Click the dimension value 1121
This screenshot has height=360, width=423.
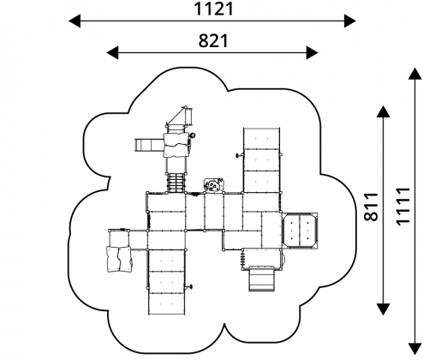click(x=214, y=9)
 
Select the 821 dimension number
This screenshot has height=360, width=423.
click(x=213, y=40)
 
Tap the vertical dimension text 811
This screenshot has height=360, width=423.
click(x=371, y=207)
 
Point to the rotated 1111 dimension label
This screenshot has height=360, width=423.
click(x=402, y=207)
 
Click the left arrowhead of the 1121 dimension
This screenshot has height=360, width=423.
click(x=74, y=21)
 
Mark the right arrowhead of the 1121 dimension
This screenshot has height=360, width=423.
click(x=350, y=21)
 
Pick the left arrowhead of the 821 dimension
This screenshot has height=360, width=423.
click(x=112, y=53)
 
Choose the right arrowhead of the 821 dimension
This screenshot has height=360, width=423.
click(x=312, y=53)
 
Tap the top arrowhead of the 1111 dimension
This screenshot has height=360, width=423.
click(x=414, y=74)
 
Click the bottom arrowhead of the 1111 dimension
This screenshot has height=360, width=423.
click(x=414, y=348)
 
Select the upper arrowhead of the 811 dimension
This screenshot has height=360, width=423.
click(x=383, y=111)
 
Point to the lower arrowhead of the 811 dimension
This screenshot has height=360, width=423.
click(x=383, y=309)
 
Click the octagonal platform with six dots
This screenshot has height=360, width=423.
click(x=300, y=230)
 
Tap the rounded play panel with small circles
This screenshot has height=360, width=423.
click(x=213, y=185)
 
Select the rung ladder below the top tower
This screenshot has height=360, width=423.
click(x=176, y=183)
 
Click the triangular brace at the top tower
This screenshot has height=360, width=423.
click(x=179, y=116)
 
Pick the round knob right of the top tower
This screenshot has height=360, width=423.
click(x=193, y=135)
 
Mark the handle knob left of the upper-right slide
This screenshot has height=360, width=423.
click(x=239, y=155)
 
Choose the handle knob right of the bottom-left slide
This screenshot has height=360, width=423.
click(x=189, y=286)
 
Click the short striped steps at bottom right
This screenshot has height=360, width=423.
click(x=262, y=279)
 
